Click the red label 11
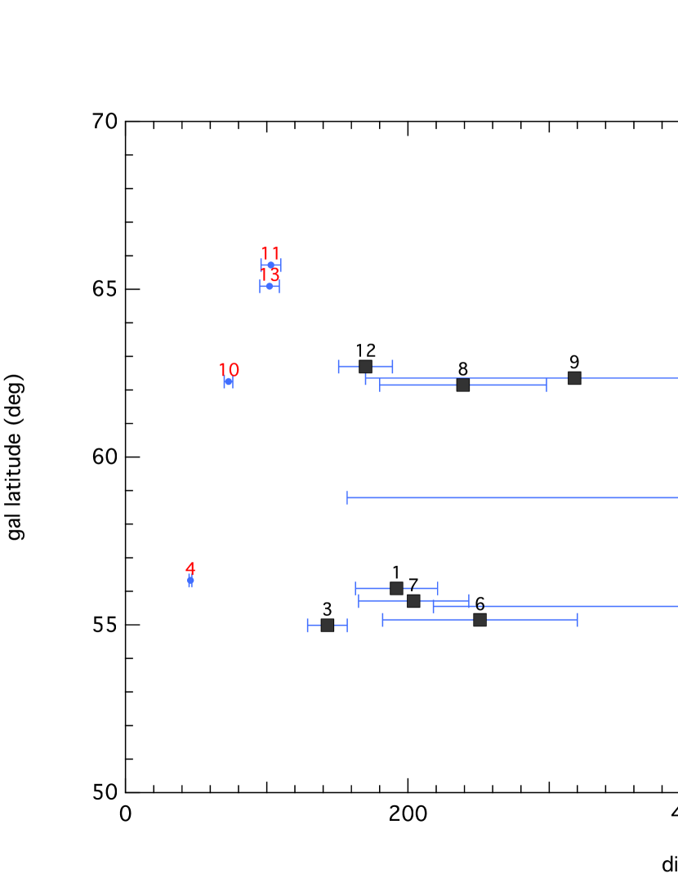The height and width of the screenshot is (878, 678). (x=270, y=253)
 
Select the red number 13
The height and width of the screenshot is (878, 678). (x=270, y=275)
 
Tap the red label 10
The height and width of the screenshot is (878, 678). (x=229, y=370)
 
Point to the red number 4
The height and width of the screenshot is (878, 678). (x=190, y=568)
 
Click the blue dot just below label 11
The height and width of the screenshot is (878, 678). (x=270, y=265)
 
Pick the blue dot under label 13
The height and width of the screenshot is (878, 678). (x=270, y=286)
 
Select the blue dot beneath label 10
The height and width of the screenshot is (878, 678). (x=229, y=381)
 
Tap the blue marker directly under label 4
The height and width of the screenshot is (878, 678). (x=190, y=581)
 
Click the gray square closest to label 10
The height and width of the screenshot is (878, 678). (x=365, y=367)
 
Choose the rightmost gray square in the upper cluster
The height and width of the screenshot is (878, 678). (x=574, y=378)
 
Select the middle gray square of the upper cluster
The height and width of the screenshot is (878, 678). (x=463, y=385)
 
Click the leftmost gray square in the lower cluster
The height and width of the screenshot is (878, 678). (x=328, y=626)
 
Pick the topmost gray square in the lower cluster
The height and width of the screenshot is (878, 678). (x=396, y=588)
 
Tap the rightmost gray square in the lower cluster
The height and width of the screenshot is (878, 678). (x=480, y=620)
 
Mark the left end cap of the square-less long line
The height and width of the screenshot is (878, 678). (x=347, y=497)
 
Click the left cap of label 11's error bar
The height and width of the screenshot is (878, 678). (x=261, y=265)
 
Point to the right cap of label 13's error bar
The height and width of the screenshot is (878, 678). (x=279, y=287)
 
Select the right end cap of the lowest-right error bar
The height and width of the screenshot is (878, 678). (x=578, y=620)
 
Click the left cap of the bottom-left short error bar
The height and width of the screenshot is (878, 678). (x=307, y=626)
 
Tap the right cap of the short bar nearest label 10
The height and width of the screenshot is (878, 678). (x=393, y=367)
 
